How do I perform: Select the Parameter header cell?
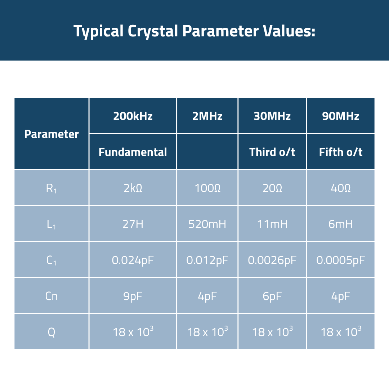pyautogui.click(x=52, y=134)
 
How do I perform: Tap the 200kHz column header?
pyautogui.click(x=133, y=116)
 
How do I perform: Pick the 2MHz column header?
pyautogui.click(x=207, y=116)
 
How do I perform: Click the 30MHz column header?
pyautogui.click(x=272, y=116)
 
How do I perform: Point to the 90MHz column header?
pyautogui.click(x=340, y=116)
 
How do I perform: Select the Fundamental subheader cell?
pyautogui.click(x=133, y=152)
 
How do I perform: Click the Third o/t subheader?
pyautogui.click(x=272, y=152)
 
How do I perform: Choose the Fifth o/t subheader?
pyautogui.click(x=340, y=152)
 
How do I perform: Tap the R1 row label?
pyautogui.click(x=52, y=188)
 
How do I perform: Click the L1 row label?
pyautogui.click(x=52, y=224)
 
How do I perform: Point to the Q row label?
pyautogui.click(x=52, y=332)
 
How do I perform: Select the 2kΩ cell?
pyautogui.click(x=133, y=188)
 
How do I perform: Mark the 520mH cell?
pyautogui.click(x=207, y=224)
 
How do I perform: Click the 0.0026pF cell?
pyautogui.click(x=272, y=260)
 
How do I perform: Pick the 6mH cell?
pyautogui.click(x=340, y=224)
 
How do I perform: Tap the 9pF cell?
pyautogui.click(x=133, y=296)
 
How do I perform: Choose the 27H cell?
pyautogui.click(x=133, y=224)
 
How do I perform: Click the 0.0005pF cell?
pyautogui.click(x=340, y=260)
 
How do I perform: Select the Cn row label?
pyautogui.click(x=52, y=296)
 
